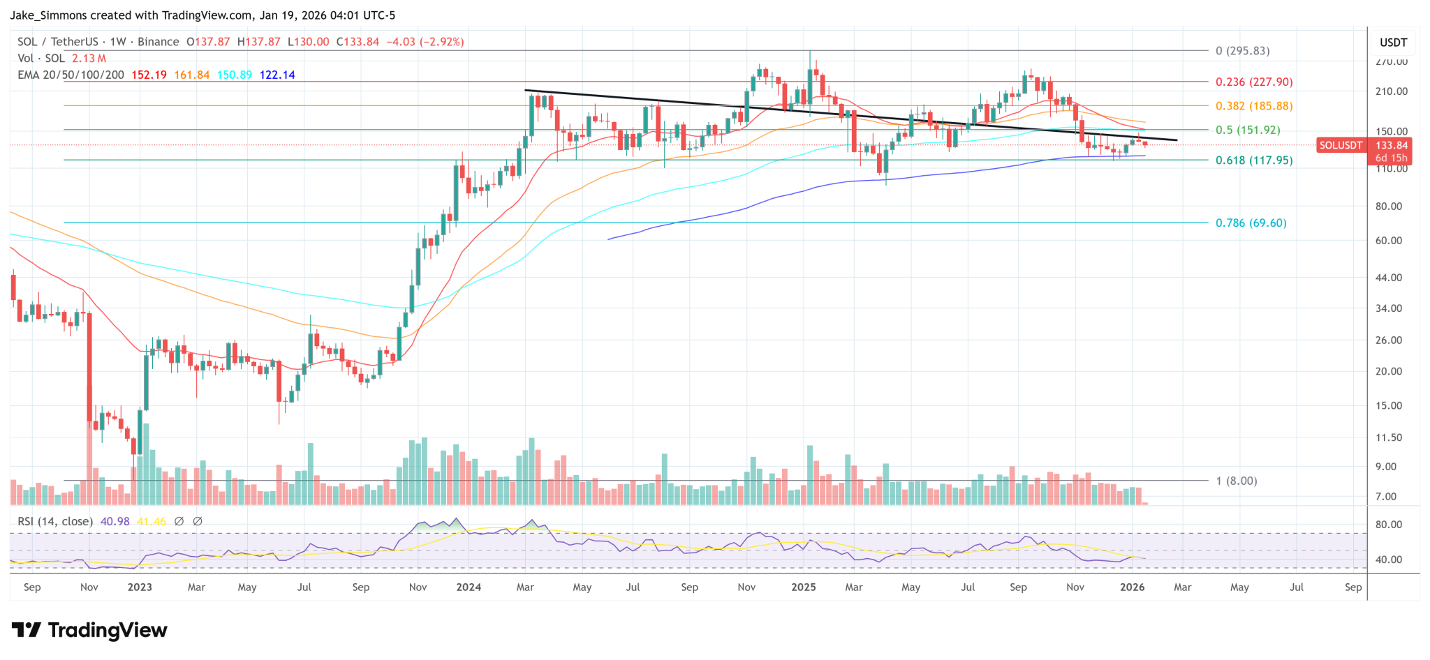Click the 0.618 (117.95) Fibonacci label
[1254, 160]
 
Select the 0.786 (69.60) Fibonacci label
[1251, 223]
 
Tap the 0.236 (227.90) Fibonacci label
[1254, 82]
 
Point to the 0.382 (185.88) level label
[1254, 106]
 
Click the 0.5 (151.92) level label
[1248, 130]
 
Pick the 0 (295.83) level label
[1242, 51]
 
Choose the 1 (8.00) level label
[1236, 481]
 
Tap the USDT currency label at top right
[1393, 43]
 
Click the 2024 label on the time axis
[469, 587]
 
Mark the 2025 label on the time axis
[804, 587]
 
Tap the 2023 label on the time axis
[140, 587]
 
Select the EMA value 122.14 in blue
[277, 75]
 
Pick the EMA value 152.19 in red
[149, 75]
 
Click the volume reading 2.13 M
[89, 59]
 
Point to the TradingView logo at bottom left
[90, 631]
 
